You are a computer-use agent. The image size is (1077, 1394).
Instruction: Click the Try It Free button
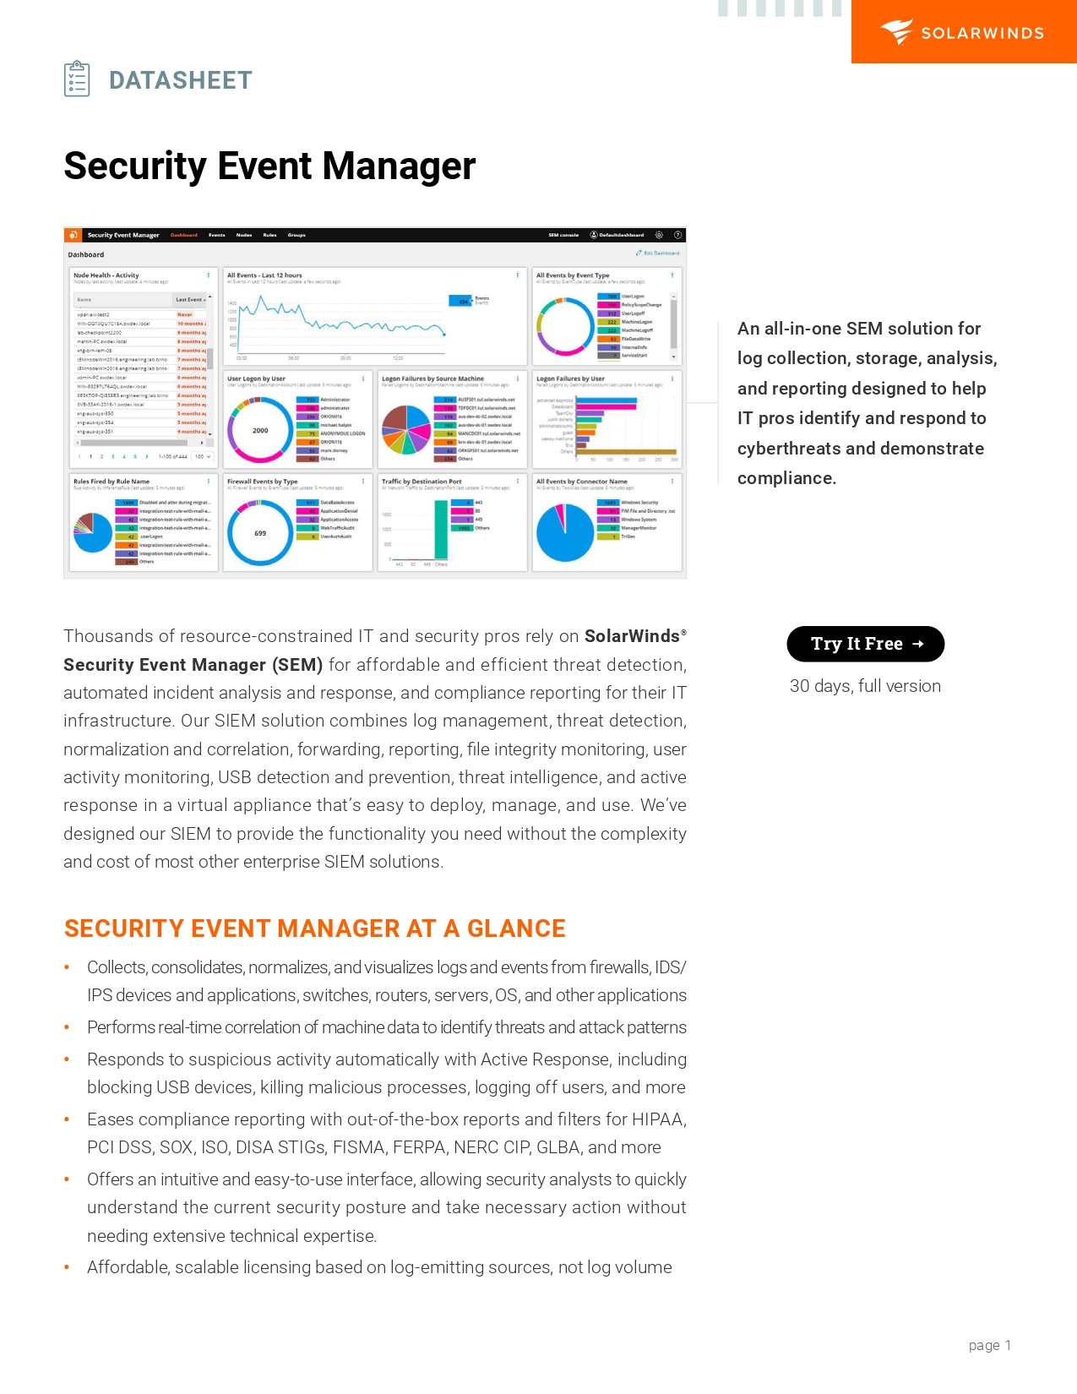pos(865,644)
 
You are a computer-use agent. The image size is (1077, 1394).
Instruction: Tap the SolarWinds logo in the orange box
pos(963,32)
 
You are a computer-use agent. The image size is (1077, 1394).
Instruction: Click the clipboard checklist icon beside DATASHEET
pos(77,79)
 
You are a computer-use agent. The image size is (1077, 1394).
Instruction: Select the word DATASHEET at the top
pos(180,80)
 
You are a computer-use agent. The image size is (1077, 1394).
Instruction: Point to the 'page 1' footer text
pos(989,1345)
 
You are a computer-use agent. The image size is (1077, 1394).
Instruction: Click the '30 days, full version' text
pos(865,686)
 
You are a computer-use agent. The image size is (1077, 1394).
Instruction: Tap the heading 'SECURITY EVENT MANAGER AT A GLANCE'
pos(314,928)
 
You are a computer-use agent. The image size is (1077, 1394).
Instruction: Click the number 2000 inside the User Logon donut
pos(260,431)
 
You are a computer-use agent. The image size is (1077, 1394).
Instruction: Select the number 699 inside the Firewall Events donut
pos(260,534)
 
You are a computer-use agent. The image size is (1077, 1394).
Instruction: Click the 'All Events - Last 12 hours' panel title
pos(264,275)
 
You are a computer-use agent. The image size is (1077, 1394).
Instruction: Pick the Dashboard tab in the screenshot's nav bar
pos(184,235)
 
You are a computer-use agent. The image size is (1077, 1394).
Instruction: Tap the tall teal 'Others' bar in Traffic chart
pos(440,530)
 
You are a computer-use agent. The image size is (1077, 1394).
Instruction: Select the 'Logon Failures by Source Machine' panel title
pos(432,378)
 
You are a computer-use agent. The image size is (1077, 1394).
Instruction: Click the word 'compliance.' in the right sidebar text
pos(786,478)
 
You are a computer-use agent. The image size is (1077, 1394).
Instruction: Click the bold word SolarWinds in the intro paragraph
pos(632,636)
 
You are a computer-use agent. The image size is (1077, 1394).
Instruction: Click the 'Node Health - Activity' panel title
pos(106,275)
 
